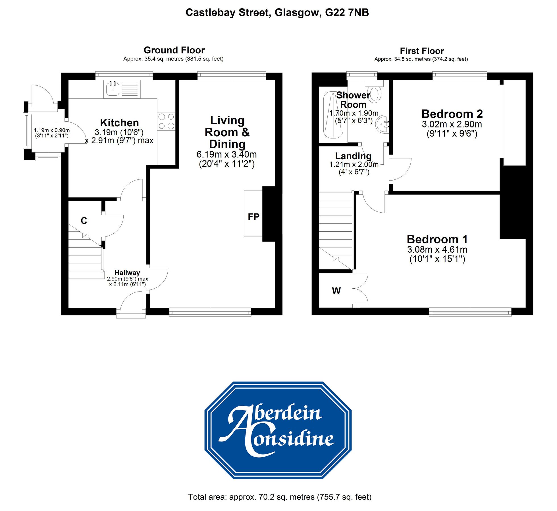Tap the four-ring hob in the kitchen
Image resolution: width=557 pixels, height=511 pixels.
pos(166,121)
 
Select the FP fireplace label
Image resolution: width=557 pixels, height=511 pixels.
pos(253,217)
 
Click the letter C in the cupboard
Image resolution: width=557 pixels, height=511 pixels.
pos(84,221)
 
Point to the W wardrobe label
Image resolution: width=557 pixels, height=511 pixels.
pos(336,291)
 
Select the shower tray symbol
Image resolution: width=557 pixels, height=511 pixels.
pos(333,115)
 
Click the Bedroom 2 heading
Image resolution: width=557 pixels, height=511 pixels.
pos(452,114)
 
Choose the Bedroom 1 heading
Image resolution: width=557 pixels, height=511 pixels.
pos(437,239)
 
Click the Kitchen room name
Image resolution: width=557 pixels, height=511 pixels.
pos(119,123)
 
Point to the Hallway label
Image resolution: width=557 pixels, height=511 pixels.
pos(127,273)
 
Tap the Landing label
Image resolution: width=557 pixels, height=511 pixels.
pos(353,156)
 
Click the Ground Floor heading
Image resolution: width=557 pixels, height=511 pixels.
pos(174,50)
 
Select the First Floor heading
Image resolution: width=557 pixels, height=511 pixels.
pos(422,51)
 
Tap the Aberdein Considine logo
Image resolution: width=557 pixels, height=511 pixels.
pos(278,430)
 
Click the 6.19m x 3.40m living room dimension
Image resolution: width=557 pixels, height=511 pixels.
pos(226,154)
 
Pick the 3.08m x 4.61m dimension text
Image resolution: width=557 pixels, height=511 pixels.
pos(437,250)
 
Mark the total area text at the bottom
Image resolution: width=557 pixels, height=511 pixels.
pos(280,497)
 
